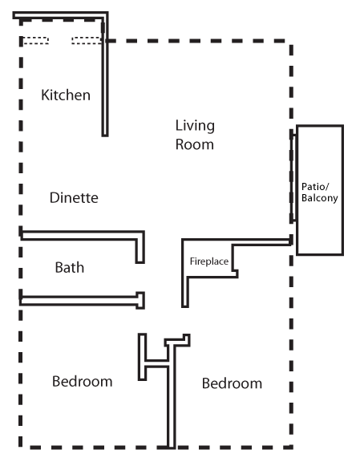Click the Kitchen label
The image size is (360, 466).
coord(66,95)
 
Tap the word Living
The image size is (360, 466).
coord(195,126)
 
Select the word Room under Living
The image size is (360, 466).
coord(195,144)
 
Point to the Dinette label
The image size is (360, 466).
coord(74,197)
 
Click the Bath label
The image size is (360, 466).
coord(70,267)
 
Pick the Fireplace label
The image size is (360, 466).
coord(209,261)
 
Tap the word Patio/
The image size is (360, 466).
coord(315,187)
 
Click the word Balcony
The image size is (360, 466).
coord(320,198)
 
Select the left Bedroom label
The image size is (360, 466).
coord(83,381)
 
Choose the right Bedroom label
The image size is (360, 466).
coord(232,383)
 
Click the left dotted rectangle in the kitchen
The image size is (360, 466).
coord(36,40)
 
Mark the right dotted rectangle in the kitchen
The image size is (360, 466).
coord(87,40)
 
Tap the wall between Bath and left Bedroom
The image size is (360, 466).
coord(82,301)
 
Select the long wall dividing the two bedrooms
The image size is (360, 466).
coord(172,395)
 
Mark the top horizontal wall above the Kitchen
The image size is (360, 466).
coord(60,15)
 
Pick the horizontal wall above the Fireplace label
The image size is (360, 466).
coord(237,241)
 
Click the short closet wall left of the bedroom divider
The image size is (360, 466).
coord(142,357)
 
